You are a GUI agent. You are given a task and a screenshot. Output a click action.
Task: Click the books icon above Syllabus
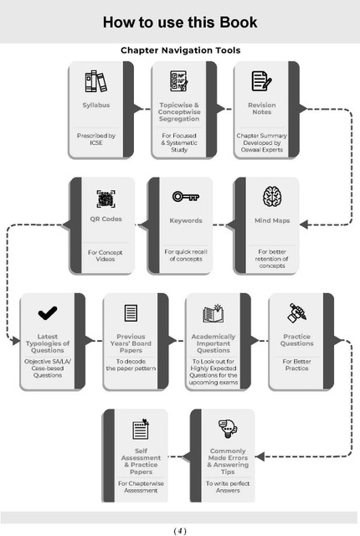96,81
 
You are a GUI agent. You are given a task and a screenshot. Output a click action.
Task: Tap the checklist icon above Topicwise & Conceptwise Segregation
179,81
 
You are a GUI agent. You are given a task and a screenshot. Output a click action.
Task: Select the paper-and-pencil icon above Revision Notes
262,81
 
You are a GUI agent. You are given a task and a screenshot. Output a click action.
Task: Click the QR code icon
105,199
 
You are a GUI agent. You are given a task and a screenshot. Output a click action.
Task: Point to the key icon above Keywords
186,197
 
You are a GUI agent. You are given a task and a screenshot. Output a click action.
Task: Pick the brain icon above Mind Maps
272,197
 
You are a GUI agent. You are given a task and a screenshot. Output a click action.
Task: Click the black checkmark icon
48,312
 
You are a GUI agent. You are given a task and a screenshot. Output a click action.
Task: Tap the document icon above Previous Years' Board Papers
131,312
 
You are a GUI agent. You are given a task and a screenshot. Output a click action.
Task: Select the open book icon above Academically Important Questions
213,313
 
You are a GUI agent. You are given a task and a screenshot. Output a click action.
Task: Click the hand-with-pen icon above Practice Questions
296,312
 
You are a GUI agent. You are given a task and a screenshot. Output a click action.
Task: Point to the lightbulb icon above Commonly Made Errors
228,429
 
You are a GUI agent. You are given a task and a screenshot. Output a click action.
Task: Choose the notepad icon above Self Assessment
141,429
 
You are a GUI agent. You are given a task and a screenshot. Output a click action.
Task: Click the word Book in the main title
238,23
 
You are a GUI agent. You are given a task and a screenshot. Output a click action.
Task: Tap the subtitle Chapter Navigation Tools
180,50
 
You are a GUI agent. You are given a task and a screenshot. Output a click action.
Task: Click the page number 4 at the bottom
180,530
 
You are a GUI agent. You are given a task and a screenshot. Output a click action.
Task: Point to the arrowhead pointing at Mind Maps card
304,224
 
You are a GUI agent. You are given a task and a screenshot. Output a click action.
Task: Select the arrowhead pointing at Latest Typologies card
16,341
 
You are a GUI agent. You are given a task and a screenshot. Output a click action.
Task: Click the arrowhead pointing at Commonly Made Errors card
260,456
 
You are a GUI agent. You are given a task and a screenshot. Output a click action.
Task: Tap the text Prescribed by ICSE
96,139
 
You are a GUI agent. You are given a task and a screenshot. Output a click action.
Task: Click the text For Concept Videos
105,255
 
